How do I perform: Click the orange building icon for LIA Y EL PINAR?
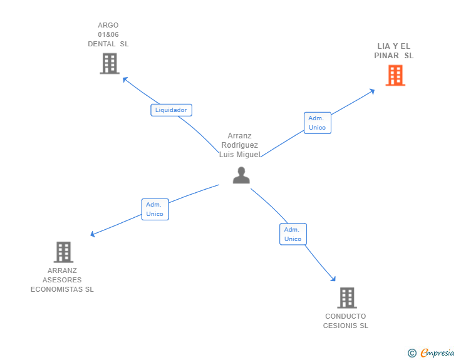395,75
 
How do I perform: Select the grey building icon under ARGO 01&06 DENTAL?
109,63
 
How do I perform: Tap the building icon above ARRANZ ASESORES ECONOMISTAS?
63,252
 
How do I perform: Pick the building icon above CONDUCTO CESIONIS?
346,297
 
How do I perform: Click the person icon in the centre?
241,175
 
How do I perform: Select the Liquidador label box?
171,110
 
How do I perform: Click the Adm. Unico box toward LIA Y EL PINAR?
317,123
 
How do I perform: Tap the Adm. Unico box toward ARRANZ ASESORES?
154,209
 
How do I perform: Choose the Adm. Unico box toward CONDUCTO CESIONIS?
293,234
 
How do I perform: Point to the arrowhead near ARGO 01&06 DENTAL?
125,80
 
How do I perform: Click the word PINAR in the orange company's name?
386,56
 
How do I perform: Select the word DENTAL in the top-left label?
101,44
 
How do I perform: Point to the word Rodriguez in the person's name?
240,145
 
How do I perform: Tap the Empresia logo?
437,353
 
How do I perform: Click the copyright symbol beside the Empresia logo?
412,354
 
